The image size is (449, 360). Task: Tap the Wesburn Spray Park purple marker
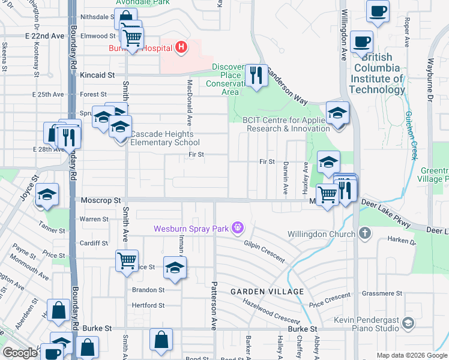pyautogui.click(x=238, y=228)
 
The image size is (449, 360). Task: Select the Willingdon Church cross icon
pyautogui.click(x=364, y=232)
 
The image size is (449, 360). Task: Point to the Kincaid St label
pyautogui.click(x=97, y=76)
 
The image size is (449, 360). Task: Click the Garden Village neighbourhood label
pyautogui.click(x=267, y=292)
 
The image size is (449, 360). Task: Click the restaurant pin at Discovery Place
pyautogui.click(x=256, y=76)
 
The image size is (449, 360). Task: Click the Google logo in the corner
pyautogui.click(x=20, y=353)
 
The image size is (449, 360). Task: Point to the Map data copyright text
pyautogui.click(x=412, y=355)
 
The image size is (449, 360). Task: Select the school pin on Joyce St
pyautogui.click(x=47, y=195)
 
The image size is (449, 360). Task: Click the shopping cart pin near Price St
pyautogui.click(x=127, y=261)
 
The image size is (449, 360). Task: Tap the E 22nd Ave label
pyautogui.click(x=44, y=36)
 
